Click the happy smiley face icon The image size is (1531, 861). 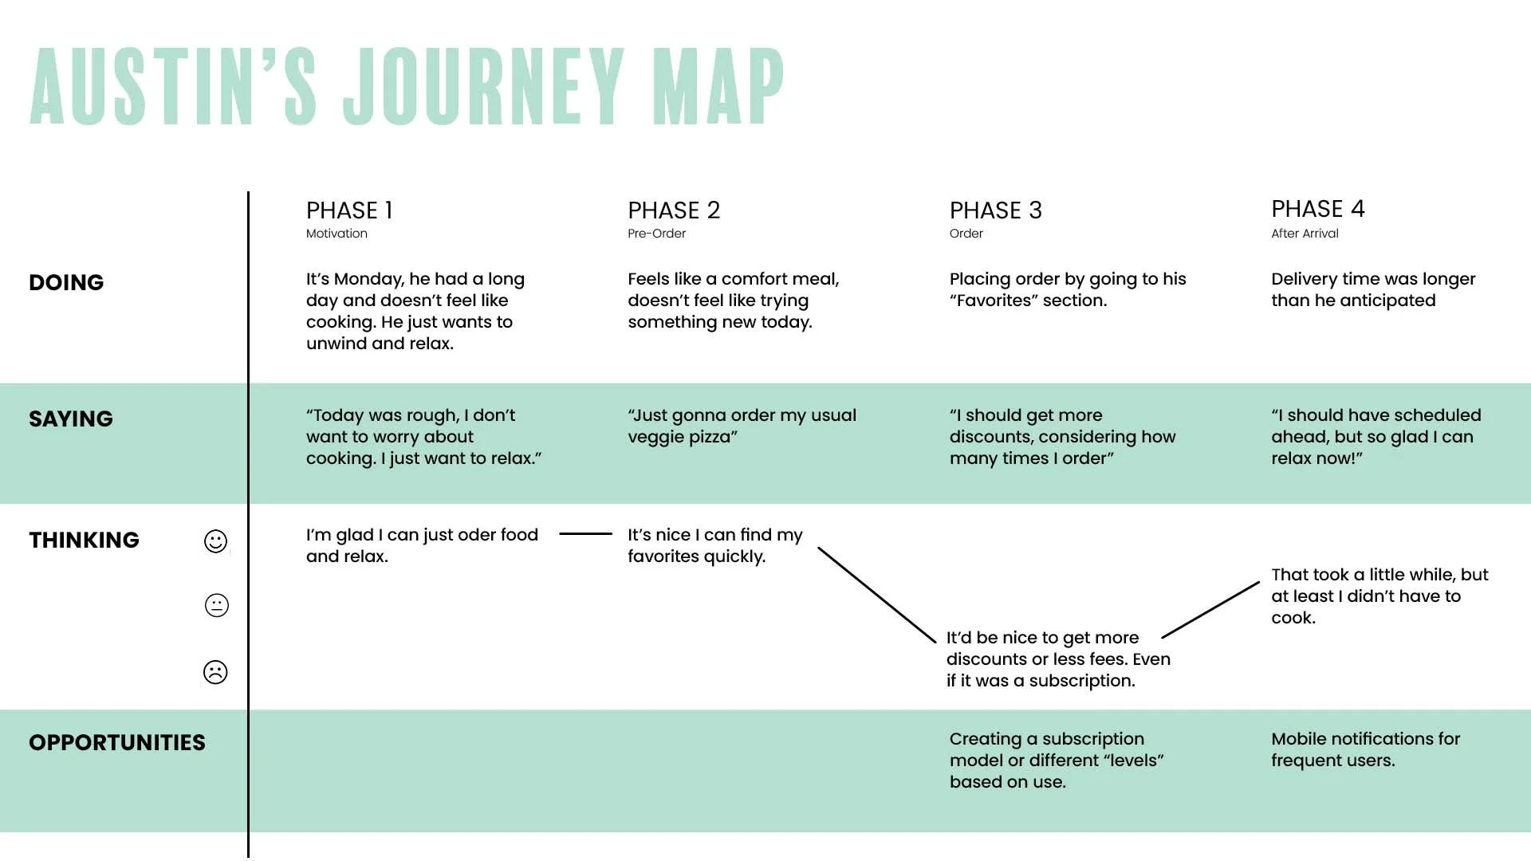(x=215, y=541)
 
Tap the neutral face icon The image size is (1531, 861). (x=216, y=606)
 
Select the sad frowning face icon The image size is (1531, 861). (x=215, y=672)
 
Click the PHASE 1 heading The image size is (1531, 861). (x=349, y=210)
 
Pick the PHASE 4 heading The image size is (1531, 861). (x=1318, y=209)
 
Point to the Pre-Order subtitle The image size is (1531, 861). (x=656, y=234)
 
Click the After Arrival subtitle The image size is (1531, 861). (x=1305, y=234)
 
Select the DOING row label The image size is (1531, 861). (x=66, y=282)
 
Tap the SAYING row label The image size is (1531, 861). (x=71, y=419)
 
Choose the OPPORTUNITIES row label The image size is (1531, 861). (x=117, y=742)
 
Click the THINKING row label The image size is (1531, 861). (x=84, y=540)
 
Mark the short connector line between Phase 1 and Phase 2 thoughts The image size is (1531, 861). (x=585, y=533)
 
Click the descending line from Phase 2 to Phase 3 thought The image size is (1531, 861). (x=877, y=595)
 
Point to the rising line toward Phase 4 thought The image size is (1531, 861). (x=1210, y=610)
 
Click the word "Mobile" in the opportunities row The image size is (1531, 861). (x=1298, y=739)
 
